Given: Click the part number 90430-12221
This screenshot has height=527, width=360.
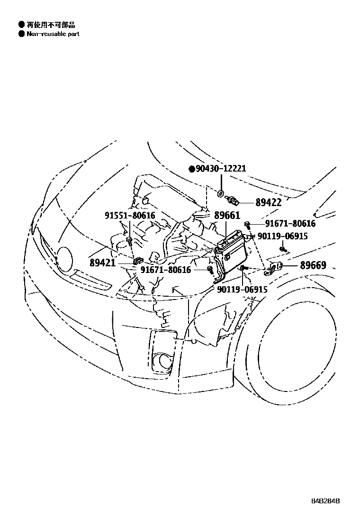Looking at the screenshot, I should tap(221, 169).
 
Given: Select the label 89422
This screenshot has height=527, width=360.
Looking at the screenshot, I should tap(268, 202).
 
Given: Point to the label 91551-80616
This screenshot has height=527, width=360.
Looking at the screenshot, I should tap(129, 216).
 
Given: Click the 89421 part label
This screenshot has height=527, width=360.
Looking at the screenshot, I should tap(102, 262).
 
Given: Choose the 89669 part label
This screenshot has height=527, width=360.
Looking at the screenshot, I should tap(313, 265).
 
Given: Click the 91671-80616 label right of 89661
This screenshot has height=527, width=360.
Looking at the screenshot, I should tap(290, 224).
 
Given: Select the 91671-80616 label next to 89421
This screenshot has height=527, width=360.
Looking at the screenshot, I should tap(166, 270).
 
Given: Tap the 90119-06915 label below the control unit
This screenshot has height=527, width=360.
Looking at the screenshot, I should tap(243, 289).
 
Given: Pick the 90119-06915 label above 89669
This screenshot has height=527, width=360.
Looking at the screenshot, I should tap(282, 236).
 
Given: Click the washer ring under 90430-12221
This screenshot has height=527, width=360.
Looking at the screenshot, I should tap(221, 193).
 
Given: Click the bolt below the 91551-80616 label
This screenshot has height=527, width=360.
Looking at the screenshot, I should tap(129, 241).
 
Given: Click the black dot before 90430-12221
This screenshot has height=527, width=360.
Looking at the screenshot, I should tap(191, 169).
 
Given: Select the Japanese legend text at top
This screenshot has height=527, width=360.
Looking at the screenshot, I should tap(50, 25).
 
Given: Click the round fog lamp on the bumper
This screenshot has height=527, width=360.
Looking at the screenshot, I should tap(165, 361).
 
